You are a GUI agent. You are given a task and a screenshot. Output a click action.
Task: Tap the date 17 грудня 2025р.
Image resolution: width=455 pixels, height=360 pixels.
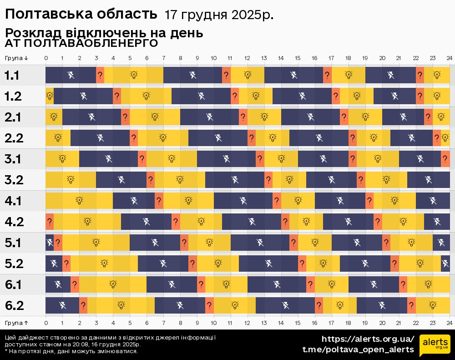[x=219, y=15]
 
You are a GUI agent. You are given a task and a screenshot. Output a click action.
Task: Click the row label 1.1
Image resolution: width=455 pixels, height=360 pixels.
[x=12, y=75]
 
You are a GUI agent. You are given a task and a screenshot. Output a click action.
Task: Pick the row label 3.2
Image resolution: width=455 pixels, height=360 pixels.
[x=14, y=180]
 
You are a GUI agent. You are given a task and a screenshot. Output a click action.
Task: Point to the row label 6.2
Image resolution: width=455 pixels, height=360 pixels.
[x=14, y=305]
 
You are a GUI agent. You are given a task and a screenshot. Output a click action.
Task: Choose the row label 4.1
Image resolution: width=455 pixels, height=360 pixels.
[x=14, y=201]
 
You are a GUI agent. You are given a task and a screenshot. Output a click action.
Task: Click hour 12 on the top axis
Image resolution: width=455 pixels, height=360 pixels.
[x=247, y=58]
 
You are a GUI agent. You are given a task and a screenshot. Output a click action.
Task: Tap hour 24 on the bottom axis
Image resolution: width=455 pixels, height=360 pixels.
[x=449, y=323]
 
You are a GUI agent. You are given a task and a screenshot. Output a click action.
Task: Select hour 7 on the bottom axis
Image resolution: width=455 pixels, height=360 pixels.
[x=163, y=323]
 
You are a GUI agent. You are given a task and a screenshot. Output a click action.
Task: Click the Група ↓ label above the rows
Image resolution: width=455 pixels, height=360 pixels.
[x=16, y=58]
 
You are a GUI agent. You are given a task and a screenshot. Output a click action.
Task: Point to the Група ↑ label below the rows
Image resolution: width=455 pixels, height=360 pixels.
[x=16, y=323]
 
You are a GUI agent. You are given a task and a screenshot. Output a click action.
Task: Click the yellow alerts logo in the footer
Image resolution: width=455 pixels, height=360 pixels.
[x=435, y=344]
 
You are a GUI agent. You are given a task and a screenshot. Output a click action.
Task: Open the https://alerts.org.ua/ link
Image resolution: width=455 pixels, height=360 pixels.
[x=368, y=339]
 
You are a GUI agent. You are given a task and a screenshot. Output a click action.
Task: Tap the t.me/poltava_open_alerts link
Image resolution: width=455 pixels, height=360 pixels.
[x=358, y=350]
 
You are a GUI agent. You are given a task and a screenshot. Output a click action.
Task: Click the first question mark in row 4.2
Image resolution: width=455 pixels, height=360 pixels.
[x=50, y=222]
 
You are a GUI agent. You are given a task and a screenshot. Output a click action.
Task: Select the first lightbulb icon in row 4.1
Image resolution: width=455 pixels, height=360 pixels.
[x=79, y=201]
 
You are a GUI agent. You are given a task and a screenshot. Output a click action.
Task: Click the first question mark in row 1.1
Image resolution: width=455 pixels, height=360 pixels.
[x=100, y=75]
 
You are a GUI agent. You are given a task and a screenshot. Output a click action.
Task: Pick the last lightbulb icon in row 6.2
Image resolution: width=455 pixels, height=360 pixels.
[x=433, y=305]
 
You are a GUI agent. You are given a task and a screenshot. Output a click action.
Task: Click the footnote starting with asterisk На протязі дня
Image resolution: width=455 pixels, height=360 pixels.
[x=71, y=351]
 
